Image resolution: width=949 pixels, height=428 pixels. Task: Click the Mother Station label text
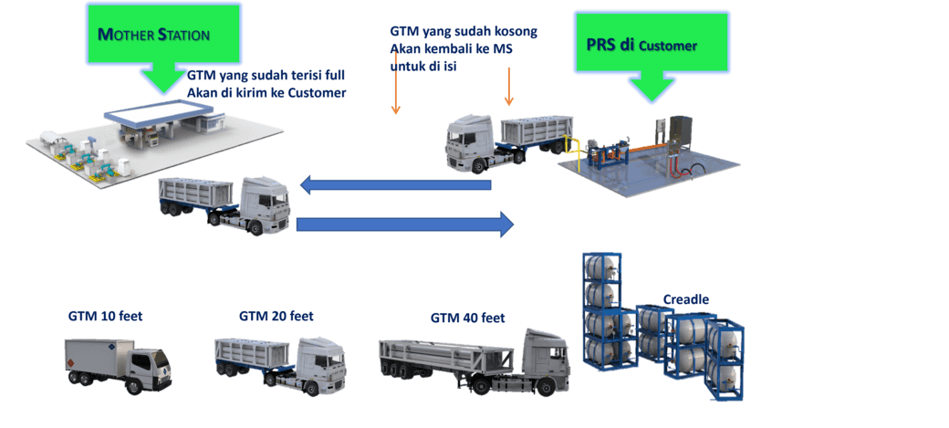pos(154,36)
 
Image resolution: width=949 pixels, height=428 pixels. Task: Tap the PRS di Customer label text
pos(641,44)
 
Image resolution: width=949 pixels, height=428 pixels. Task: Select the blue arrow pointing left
pos(397,185)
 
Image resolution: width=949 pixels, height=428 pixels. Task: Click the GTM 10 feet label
pos(106,317)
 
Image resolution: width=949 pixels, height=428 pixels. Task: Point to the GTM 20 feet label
pos(276,316)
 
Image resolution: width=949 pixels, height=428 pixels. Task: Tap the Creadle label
pos(686,299)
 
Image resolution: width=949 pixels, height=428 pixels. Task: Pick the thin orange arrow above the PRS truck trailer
pos(509,87)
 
